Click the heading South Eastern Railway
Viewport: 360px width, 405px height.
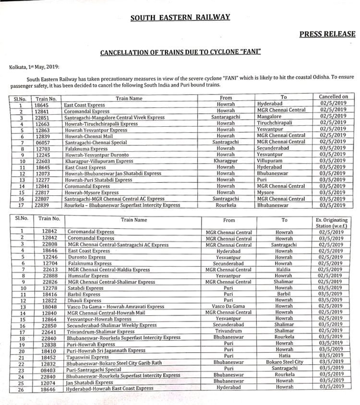(180, 17)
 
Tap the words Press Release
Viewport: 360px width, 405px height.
(327, 34)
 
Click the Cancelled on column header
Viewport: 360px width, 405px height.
(333, 97)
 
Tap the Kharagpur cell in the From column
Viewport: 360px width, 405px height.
(226, 161)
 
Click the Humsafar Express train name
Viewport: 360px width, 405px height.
(88, 276)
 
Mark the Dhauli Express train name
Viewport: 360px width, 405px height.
(84, 300)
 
